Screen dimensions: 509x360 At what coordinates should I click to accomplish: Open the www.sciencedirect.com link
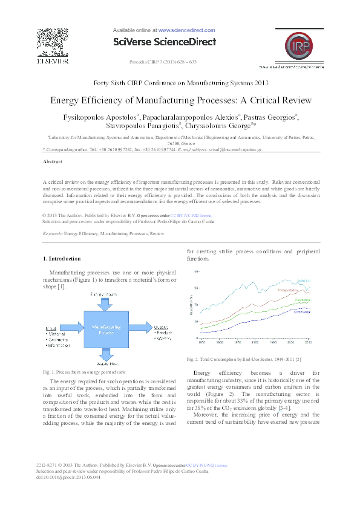coord(186,30)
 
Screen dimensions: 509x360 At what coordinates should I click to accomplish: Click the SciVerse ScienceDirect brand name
coord(165,42)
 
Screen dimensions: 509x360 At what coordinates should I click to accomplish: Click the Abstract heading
coord(53,162)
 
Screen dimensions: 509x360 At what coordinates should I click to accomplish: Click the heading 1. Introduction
coord(63,259)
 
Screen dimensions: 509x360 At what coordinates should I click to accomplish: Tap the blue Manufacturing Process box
coord(106,329)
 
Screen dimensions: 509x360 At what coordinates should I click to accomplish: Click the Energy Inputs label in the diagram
coord(105,294)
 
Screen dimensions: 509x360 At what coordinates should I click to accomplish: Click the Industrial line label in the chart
coord(304,280)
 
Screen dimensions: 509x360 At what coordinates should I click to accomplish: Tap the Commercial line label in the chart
coord(303,312)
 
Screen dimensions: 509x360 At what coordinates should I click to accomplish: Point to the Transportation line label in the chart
coord(290,291)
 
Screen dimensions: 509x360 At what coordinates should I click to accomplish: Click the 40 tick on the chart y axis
coord(195,272)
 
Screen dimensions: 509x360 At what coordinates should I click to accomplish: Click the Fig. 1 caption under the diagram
coord(84,372)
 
